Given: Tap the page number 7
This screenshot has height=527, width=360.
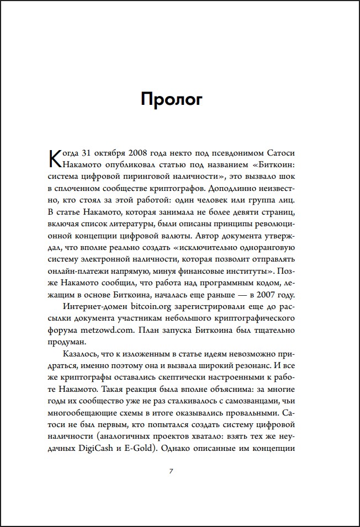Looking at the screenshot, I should (171, 471).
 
